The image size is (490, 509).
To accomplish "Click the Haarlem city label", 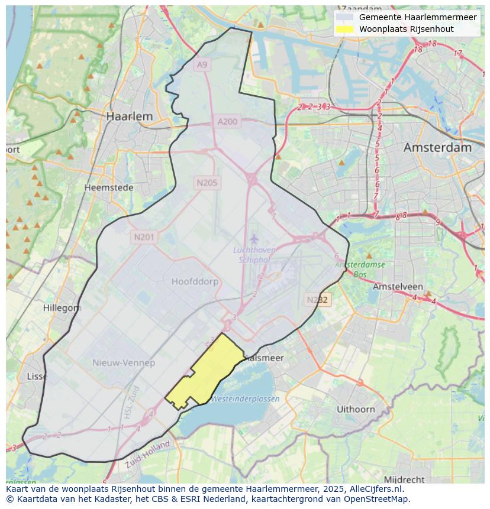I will pos(129,116).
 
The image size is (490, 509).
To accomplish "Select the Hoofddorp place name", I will pos(195,281).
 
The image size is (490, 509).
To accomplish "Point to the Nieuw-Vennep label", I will pos(124,362).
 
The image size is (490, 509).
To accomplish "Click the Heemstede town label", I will pos(109,187).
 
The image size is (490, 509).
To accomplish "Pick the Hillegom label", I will pos(62,308).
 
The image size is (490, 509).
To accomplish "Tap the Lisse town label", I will pos(37,377).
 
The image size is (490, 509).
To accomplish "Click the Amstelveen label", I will pos(397,286).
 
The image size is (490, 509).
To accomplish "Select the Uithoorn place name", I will pos(356,409).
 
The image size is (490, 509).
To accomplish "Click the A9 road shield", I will pos(202,64).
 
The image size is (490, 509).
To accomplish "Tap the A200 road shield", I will pos(227,122).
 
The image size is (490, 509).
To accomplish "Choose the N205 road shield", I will pos(207,183).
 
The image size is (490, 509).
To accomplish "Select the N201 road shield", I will pos(144,237).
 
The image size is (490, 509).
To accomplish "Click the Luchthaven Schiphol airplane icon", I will pos(254,239).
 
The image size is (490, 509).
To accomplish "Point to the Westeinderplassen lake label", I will pos(245,399).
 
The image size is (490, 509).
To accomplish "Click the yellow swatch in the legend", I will pos(344,29).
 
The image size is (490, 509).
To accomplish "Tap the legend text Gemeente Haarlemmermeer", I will pos(417,17).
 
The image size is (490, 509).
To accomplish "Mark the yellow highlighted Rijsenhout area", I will pos(205,372).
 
